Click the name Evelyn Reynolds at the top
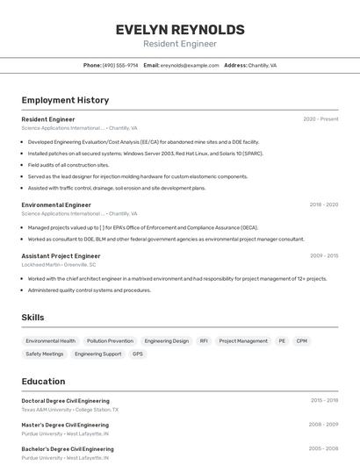[180, 30]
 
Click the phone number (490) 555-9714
[120, 65]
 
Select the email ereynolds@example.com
[190, 65]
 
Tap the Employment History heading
[65, 100]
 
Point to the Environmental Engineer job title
[56, 204]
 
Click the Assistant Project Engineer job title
[61, 256]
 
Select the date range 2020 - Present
[320, 119]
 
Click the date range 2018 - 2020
[323, 204]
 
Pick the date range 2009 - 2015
[323, 256]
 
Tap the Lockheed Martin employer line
[59, 264]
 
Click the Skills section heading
[32, 318]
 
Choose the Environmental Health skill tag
[50, 340]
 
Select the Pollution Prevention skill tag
[110, 340]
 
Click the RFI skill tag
[204, 340]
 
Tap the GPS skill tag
[137, 354]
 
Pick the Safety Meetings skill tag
[45, 354]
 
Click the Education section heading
[43, 382]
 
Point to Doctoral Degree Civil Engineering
[65, 401]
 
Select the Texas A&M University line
[70, 409]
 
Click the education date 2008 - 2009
[323, 425]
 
